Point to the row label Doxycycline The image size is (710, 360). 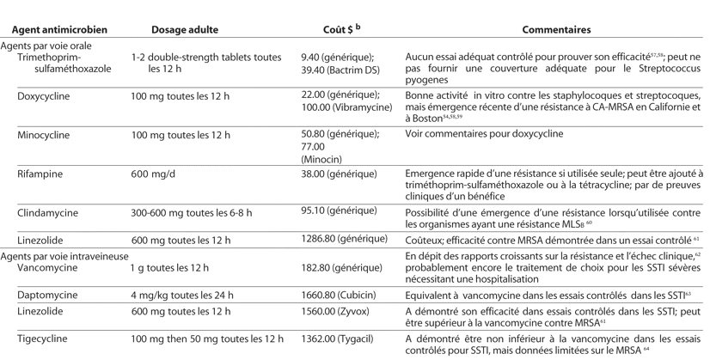[x=46, y=95]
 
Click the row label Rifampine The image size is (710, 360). [x=40, y=174]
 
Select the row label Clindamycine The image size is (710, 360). [x=46, y=211]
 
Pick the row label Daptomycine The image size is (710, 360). [x=47, y=296]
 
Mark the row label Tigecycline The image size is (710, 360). [x=45, y=339]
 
